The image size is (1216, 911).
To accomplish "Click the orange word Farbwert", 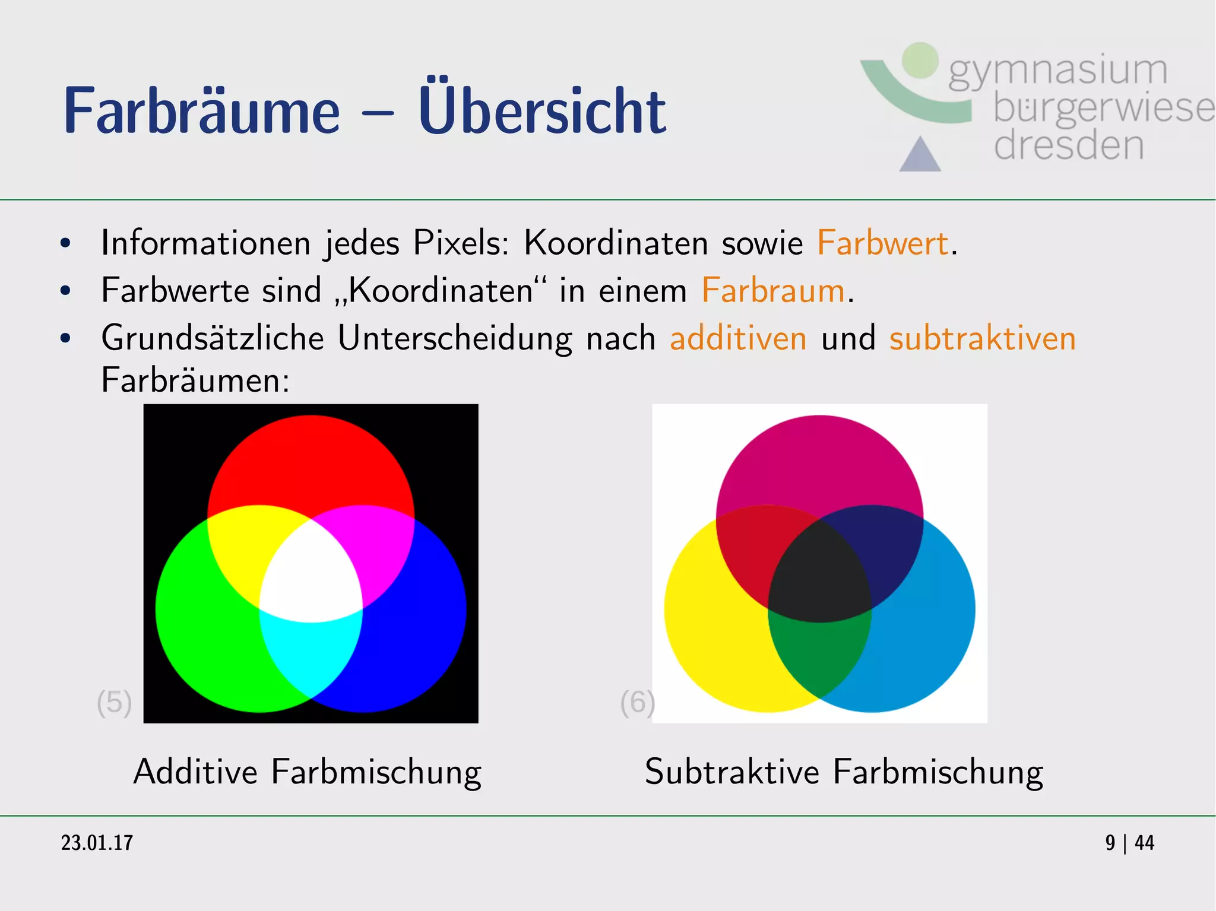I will click(882, 243).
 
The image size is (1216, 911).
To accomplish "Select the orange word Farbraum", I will click(773, 290).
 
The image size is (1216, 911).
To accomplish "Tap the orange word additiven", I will click(738, 338).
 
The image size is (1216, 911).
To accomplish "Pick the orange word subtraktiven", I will click(982, 338).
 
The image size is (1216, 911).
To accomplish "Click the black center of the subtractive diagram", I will click(819, 579).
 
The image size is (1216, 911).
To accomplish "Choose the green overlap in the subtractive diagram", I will click(819, 653).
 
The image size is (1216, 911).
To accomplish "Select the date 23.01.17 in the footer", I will click(97, 843).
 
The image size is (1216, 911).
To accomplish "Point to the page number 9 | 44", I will click(1129, 843).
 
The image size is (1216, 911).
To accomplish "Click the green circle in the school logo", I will click(920, 60).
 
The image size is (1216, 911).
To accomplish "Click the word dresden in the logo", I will click(1068, 145).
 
